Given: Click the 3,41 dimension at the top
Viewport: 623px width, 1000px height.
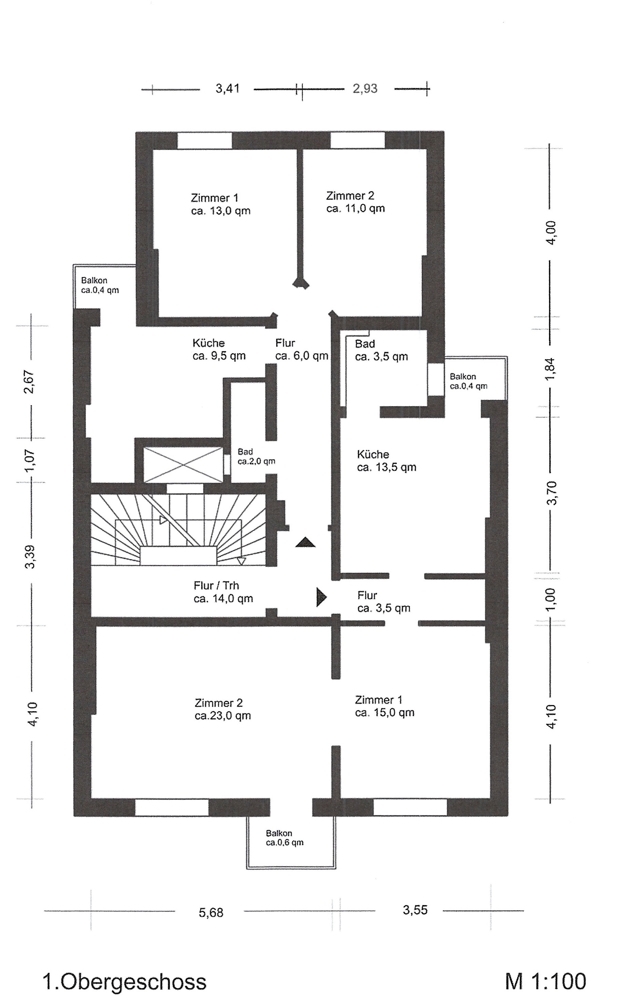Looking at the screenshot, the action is [228, 89].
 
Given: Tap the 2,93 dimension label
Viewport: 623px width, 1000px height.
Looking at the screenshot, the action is [365, 89].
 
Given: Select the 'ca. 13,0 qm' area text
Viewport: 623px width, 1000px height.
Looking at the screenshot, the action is [221, 211].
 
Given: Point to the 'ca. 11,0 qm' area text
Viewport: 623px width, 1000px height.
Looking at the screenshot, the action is [356, 209].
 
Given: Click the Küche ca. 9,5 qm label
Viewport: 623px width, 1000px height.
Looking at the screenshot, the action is [219, 349].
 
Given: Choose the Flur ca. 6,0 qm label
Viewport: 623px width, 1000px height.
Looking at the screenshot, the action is [302, 349].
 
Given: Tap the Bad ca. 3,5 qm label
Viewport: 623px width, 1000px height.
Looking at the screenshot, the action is [381, 350].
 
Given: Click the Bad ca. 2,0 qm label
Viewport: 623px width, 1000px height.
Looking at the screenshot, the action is [256, 457].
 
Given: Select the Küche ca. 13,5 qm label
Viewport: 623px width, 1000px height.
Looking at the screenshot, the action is [386, 460].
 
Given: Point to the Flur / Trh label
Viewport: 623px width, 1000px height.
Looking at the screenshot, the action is [217, 585].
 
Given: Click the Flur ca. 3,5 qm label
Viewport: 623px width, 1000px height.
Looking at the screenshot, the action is [384, 601].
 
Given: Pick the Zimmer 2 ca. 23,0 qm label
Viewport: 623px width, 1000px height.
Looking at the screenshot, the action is [223, 709].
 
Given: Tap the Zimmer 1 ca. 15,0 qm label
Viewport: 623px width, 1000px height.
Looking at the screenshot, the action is [385, 706].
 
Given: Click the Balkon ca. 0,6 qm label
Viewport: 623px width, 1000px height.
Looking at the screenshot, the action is [284, 838].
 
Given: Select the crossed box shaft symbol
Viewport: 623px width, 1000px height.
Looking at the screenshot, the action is [183, 465].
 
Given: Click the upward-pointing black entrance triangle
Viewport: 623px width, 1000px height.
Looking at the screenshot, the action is [306, 543].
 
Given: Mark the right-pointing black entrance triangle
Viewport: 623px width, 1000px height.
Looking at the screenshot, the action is [321, 597].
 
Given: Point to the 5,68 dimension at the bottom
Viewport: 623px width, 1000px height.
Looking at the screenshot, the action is [211, 913].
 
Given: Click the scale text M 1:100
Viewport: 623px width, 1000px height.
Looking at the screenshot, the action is [545, 981].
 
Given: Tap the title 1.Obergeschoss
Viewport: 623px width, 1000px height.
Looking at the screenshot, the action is [124, 982].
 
